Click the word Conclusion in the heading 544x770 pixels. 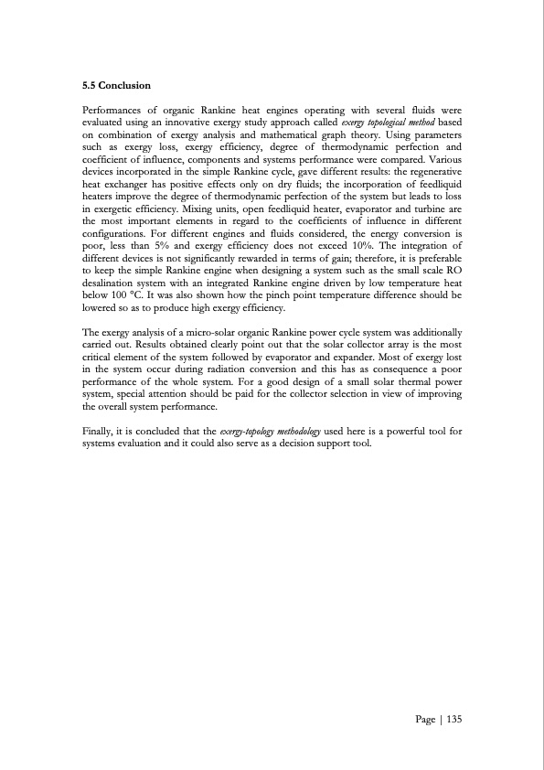(x=126, y=86)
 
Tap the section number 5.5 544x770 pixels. (x=90, y=86)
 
